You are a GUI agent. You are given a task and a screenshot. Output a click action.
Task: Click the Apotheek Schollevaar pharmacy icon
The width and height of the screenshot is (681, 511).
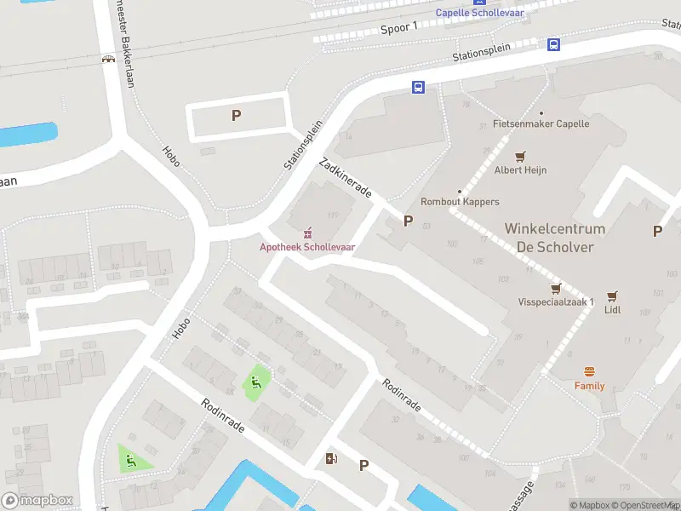tap(307, 233)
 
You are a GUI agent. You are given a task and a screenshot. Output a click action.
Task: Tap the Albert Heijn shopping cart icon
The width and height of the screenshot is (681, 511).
tap(520, 156)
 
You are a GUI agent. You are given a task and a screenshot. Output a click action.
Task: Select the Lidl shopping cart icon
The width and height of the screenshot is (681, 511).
tap(612, 296)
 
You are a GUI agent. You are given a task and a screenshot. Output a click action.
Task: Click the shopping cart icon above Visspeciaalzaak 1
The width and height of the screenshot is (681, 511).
tap(557, 288)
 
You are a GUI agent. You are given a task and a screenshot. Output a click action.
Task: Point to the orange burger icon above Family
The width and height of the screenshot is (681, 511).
tap(589, 371)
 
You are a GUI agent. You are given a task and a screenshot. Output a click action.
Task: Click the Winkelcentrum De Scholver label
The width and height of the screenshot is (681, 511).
tap(554, 238)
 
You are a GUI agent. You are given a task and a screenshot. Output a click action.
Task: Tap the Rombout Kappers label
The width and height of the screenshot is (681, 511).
tap(460, 202)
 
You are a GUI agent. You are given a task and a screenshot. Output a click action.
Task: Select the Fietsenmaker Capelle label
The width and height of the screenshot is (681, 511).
tap(541, 123)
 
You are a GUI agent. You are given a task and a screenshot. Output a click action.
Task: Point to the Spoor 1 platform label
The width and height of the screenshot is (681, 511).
tap(398, 27)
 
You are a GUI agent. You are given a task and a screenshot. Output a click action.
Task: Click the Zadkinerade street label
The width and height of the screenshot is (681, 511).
tap(344, 177)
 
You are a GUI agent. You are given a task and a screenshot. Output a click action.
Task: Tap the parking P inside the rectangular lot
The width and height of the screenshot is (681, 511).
tap(237, 116)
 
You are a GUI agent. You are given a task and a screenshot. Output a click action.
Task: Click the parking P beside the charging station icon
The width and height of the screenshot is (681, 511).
tap(363, 465)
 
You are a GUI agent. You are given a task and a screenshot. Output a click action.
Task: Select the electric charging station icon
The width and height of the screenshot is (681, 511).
tap(331, 460)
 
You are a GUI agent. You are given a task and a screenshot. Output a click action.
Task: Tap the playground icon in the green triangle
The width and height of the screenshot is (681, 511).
tap(131, 461)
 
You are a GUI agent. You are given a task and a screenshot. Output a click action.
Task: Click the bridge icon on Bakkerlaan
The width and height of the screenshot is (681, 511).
tap(108, 60)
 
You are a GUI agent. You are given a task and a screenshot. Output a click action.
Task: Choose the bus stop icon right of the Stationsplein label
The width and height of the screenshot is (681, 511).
tap(553, 44)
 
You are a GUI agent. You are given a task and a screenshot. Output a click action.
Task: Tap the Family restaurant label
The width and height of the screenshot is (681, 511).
tap(589, 386)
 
